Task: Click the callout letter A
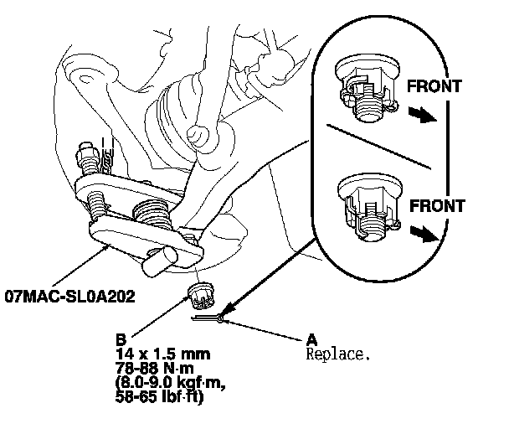tap(312, 339)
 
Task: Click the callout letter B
tap(121, 340)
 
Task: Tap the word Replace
tap(338, 354)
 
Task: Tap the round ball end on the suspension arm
tap(199, 133)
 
